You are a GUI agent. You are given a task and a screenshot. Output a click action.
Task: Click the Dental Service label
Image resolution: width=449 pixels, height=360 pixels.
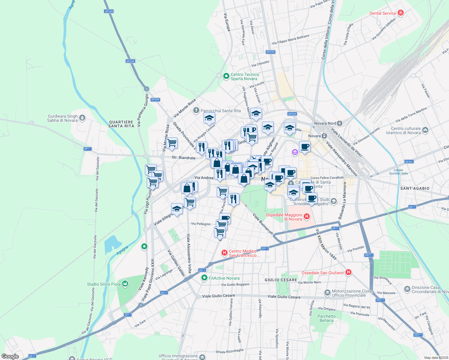click(383, 13)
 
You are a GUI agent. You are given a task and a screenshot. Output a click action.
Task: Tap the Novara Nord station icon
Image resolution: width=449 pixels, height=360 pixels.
click(339, 123)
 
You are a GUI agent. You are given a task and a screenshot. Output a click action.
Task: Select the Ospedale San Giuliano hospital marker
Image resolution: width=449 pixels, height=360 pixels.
click(348, 272)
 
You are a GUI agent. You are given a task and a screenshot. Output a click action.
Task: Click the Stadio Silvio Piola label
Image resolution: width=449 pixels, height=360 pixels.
click(104, 284)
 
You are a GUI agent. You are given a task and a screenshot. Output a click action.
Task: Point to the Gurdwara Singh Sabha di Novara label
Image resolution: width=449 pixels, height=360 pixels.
click(62, 118)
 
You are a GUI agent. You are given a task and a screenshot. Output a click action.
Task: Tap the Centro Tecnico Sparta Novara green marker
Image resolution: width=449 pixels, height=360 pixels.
click(226, 76)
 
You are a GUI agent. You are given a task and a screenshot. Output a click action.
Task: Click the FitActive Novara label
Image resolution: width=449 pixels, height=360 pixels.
click(224, 278)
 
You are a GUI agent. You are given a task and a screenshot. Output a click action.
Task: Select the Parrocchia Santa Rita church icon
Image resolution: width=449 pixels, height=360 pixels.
click(196, 110)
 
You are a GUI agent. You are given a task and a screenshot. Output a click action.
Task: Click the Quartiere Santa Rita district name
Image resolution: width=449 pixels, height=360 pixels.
click(121, 124)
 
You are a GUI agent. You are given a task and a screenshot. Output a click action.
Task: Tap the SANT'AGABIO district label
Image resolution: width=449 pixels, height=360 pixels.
click(415, 188)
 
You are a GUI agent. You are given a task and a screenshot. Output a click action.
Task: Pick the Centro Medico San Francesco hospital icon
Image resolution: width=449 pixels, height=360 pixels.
click(224, 253)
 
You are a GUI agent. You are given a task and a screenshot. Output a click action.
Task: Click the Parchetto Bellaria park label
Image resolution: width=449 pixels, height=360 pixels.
click(327, 318)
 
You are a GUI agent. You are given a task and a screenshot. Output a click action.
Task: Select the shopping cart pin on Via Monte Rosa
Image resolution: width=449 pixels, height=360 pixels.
click(172, 143)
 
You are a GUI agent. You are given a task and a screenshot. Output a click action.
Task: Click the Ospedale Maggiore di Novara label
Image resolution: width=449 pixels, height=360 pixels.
click(284, 217)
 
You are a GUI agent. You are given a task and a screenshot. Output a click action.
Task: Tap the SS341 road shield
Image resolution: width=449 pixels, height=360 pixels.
click(409, 161)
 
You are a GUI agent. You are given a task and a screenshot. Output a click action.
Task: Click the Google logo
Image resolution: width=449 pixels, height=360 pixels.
click(10, 356)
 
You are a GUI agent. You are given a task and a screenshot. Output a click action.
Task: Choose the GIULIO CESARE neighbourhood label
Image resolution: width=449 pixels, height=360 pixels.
click(281, 280)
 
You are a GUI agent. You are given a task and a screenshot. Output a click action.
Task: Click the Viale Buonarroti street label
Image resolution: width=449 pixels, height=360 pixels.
click(263, 224)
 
